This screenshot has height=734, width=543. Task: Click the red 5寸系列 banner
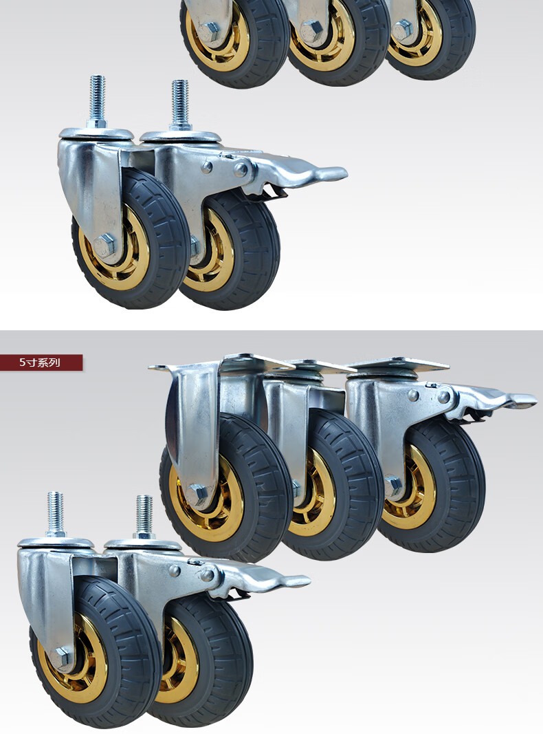(41, 363)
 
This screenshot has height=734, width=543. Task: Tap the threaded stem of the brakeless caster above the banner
(98, 101)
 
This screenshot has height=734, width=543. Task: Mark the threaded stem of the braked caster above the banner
(180, 105)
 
